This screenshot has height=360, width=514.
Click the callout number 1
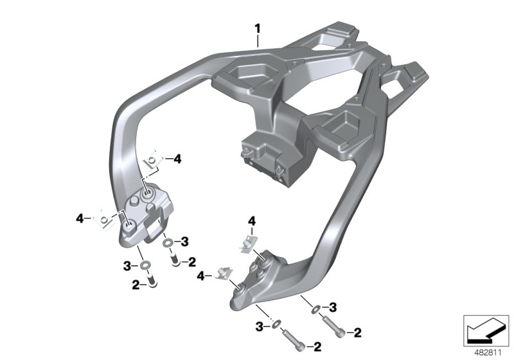[x=257, y=29]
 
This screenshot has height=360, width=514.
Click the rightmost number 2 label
[x=358, y=332]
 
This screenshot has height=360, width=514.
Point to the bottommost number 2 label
[x=317, y=347]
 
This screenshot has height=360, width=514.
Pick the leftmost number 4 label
[x=80, y=219]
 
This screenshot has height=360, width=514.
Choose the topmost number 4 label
[x=177, y=157]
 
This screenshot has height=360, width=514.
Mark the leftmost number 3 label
[x=127, y=265]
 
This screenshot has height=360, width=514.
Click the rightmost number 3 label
[x=333, y=306]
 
